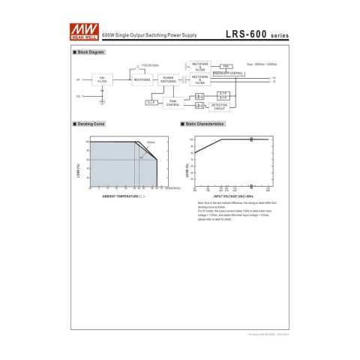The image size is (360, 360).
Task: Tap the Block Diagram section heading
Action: point(90,52)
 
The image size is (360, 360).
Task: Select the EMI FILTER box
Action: point(102,79)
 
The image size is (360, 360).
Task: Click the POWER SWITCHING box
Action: point(169,79)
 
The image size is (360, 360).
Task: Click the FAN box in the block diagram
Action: point(226,66)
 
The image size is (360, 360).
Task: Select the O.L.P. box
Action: point(151,101)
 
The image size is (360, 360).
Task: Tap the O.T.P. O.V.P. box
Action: point(223,95)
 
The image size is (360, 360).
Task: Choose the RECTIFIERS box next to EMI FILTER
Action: point(141,79)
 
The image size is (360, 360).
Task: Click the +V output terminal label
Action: point(274,77)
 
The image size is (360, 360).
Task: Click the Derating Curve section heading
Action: point(91,123)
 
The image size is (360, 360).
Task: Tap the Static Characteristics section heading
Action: point(204,123)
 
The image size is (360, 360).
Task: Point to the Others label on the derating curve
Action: point(150,141)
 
